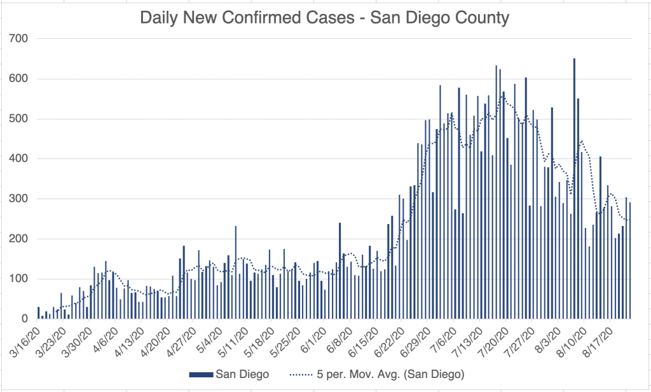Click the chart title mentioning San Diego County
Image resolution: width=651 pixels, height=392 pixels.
(324, 18)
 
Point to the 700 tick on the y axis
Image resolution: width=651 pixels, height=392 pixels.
(18, 39)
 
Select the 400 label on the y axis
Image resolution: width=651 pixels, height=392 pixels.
(18, 159)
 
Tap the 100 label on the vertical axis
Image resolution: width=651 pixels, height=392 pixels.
(18, 279)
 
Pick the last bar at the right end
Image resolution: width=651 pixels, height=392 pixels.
(630, 261)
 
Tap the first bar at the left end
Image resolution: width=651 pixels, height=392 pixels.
(38, 312)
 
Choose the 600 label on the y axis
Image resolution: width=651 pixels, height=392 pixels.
(18, 79)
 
